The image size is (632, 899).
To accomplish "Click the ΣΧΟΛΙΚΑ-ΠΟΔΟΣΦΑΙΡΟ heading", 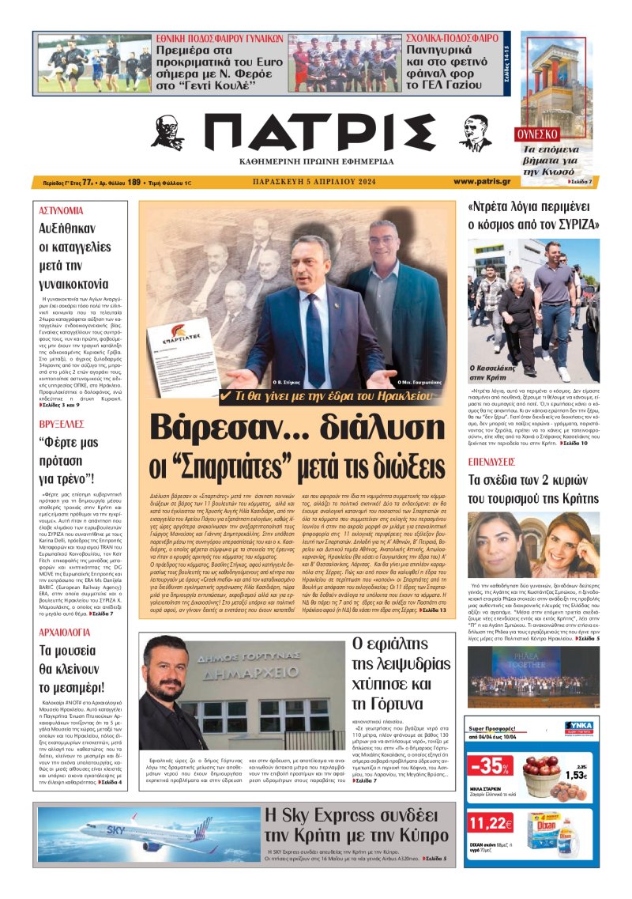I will pos(452,37).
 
